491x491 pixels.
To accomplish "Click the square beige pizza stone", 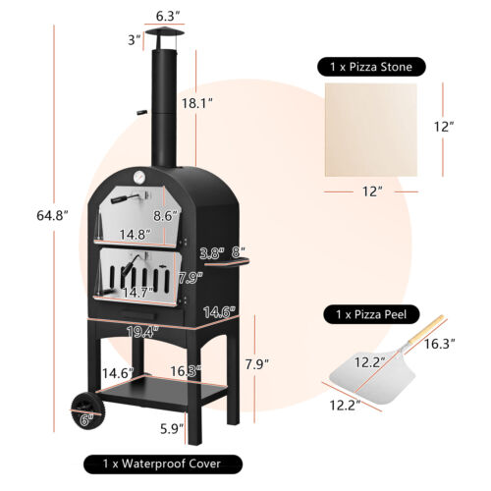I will click(377, 130).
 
